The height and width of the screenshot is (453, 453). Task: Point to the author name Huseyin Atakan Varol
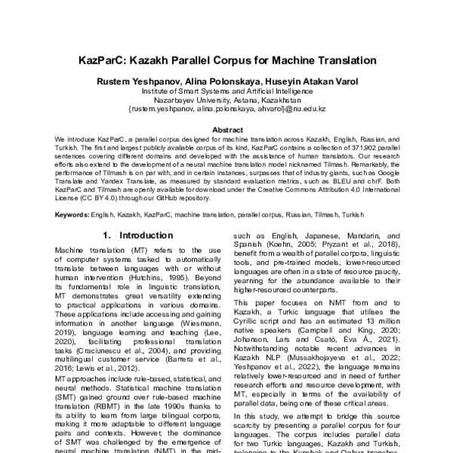point(316,81)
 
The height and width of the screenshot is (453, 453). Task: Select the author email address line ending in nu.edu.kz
point(226,109)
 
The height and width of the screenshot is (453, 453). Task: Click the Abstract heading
point(226,129)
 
